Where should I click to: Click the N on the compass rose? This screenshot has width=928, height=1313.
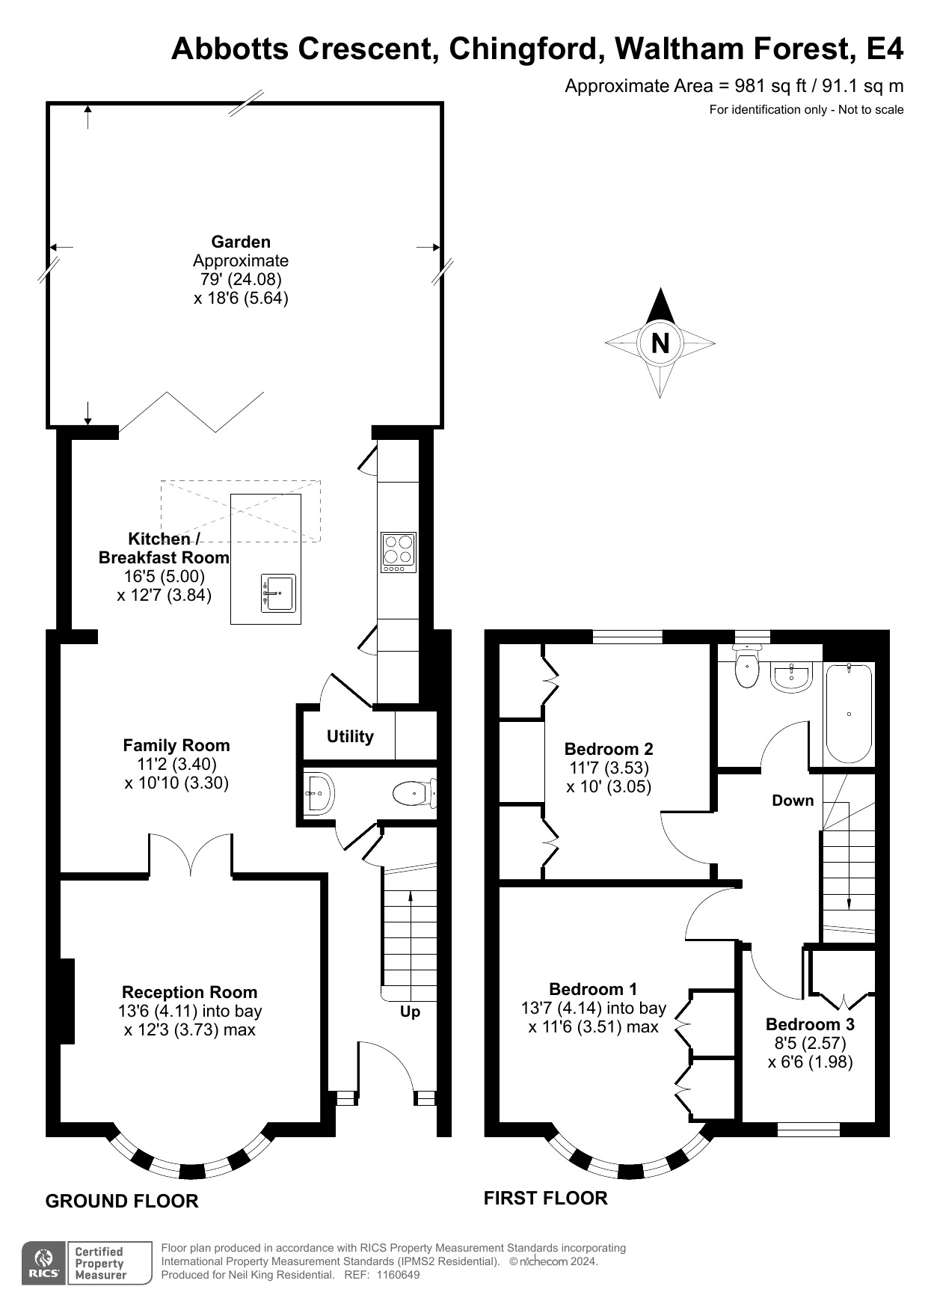point(660,343)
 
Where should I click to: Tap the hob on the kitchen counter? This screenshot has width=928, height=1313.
point(398,552)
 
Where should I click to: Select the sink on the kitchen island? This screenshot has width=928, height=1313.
point(278,593)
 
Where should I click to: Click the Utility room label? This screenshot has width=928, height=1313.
point(350,736)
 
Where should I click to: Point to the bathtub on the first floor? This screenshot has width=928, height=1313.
point(849,713)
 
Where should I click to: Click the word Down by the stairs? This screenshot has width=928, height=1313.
point(793,801)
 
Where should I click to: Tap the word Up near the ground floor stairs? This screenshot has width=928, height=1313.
point(411,1011)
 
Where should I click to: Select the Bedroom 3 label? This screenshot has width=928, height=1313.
point(810,1024)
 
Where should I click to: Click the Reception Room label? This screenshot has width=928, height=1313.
point(189,992)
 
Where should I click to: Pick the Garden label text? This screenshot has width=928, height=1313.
point(241,242)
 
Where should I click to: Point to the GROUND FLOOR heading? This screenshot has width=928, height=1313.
point(122,1202)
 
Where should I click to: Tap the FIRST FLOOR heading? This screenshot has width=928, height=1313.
point(545,1199)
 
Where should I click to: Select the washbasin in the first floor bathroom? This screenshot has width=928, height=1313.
point(790,677)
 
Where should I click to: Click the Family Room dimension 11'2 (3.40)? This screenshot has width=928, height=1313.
point(176,764)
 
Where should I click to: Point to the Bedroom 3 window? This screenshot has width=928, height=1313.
point(808,1129)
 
